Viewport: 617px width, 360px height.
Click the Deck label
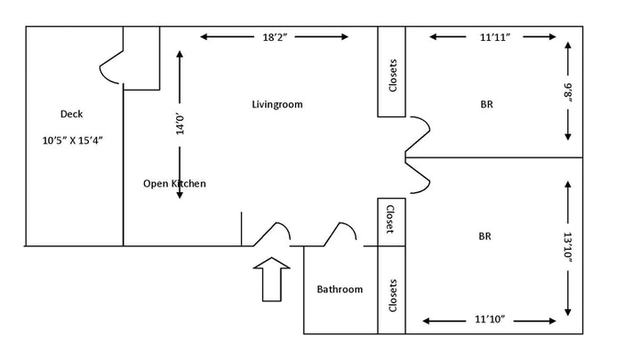70,113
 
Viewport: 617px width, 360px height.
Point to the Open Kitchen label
175,184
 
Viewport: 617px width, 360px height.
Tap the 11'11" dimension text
494,37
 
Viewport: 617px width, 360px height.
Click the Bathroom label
341,289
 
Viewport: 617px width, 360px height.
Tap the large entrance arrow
272,279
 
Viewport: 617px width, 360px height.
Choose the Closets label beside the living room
392,75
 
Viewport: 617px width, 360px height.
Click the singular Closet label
389,220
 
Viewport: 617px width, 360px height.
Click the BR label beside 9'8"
486,104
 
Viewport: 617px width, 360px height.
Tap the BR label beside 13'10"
485,236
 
